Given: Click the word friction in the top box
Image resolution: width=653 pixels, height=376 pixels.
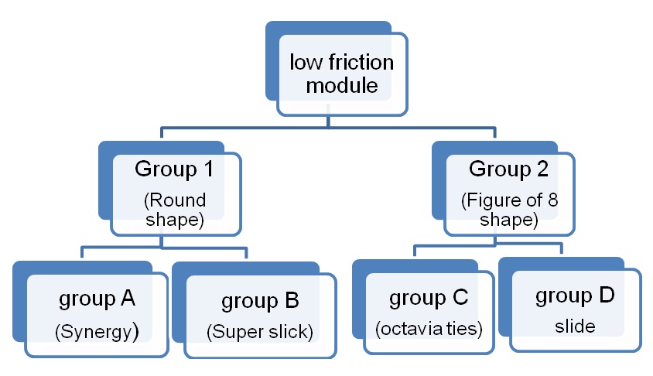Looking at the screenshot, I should pyautogui.click(x=357, y=62).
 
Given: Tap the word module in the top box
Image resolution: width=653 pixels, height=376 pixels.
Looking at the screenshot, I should pyautogui.click(x=341, y=85).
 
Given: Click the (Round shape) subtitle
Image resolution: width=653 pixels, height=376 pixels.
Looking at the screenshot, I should pyautogui.click(x=174, y=210).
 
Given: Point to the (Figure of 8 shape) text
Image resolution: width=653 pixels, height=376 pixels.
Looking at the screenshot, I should pyautogui.click(x=508, y=210).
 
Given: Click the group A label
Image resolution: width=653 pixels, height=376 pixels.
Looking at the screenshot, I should pyautogui.click(x=97, y=299).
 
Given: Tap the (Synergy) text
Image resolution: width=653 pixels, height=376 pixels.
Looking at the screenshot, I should pyautogui.click(x=97, y=331).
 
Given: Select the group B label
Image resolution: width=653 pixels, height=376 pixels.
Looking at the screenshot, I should pyautogui.click(x=260, y=300).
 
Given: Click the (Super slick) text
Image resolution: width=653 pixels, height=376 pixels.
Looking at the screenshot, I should pyautogui.click(x=260, y=332).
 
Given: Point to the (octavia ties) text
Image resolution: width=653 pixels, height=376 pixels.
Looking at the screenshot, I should pyautogui.click(x=429, y=329).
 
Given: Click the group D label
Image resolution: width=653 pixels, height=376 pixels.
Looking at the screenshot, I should pyautogui.click(x=574, y=296).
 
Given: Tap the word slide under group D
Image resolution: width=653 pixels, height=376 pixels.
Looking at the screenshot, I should pyautogui.click(x=575, y=326).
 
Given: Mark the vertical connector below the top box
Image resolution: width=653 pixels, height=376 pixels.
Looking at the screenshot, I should pyautogui.click(x=330, y=116).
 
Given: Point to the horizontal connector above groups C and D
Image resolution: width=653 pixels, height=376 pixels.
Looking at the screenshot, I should pyautogui.click(x=487, y=247).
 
